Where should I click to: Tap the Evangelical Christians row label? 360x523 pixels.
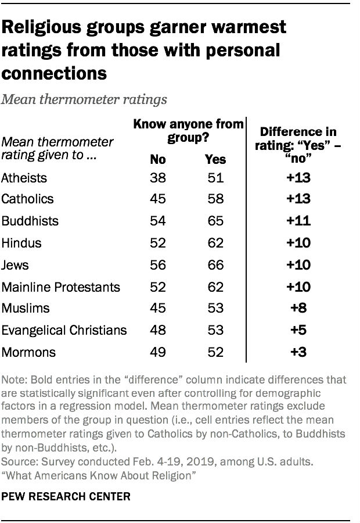(64, 330)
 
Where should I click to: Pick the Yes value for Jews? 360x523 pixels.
(215, 264)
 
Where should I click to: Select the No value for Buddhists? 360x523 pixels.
(159, 221)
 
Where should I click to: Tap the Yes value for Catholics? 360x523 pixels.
(215, 199)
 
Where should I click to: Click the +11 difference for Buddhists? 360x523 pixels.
(299, 221)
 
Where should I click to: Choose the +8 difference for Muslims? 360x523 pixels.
(299, 309)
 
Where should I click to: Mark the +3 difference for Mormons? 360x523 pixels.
(299, 352)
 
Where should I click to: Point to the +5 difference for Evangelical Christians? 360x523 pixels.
(299, 330)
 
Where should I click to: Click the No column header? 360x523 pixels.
(159, 159)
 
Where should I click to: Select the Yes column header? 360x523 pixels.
(215, 159)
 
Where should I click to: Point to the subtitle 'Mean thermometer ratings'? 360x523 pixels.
(85, 99)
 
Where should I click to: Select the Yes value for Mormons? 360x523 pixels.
(215, 352)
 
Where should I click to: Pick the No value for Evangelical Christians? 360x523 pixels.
(159, 330)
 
